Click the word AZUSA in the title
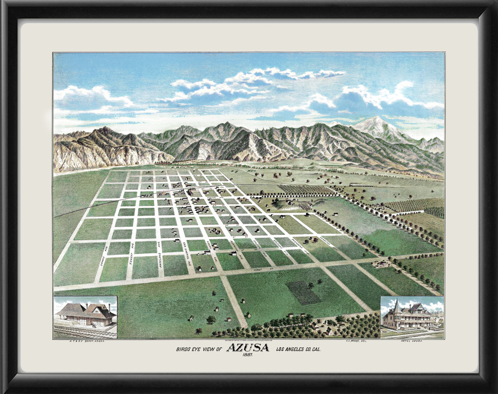(248, 348)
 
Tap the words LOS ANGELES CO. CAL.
(298, 349)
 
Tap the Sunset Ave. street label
(132, 254)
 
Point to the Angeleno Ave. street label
(159, 255)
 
